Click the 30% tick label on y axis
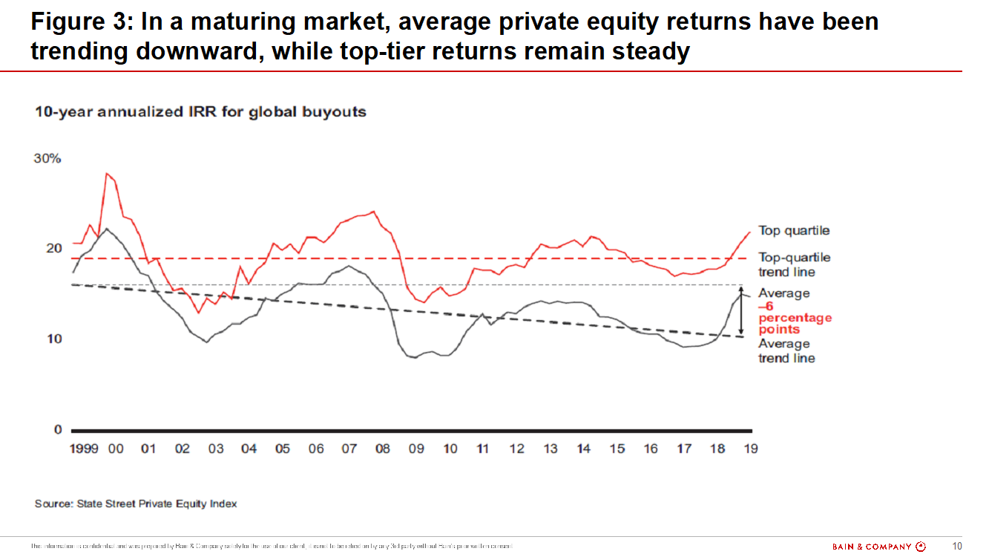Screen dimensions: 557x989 47,160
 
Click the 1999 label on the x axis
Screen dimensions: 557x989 85,449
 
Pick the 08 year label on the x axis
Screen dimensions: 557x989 382,449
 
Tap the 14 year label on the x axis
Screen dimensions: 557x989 584,449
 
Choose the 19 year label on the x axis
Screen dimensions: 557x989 750,449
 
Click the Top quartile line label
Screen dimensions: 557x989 794,231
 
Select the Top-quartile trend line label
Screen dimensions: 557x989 794,264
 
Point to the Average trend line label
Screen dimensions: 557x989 786,351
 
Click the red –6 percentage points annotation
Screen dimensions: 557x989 794,318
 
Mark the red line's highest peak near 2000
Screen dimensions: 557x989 107,174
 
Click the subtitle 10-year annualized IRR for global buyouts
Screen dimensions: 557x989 200,112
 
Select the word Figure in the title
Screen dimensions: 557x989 70,22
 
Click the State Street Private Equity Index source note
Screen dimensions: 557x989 136,504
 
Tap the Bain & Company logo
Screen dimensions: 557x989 879,547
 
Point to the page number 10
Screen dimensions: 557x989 957,547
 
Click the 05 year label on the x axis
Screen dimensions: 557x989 282,449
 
